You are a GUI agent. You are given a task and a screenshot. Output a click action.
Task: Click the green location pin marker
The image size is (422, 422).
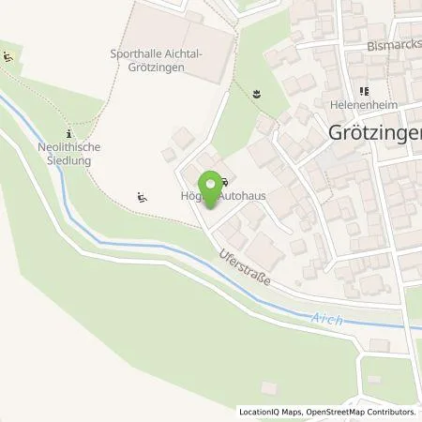(x=208, y=188)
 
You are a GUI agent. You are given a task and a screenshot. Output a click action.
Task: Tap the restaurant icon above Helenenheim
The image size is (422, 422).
(x=360, y=91)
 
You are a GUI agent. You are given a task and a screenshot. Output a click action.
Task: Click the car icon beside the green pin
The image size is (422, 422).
(x=224, y=181)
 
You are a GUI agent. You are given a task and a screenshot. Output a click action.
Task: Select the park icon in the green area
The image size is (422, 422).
(x=256, y=92)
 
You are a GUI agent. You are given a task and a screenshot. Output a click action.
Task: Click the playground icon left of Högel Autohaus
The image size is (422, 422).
(x=141, y=196)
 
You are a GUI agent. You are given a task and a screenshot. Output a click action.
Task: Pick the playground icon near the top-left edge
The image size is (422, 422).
(x=8, y=57)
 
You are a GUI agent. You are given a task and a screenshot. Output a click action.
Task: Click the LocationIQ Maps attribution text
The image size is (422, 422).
(x=272, y=412)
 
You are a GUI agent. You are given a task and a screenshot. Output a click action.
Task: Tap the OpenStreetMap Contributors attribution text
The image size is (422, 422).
(x=362, y=412)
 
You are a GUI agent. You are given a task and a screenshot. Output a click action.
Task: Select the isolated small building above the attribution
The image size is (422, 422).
(x=269, y=386)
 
